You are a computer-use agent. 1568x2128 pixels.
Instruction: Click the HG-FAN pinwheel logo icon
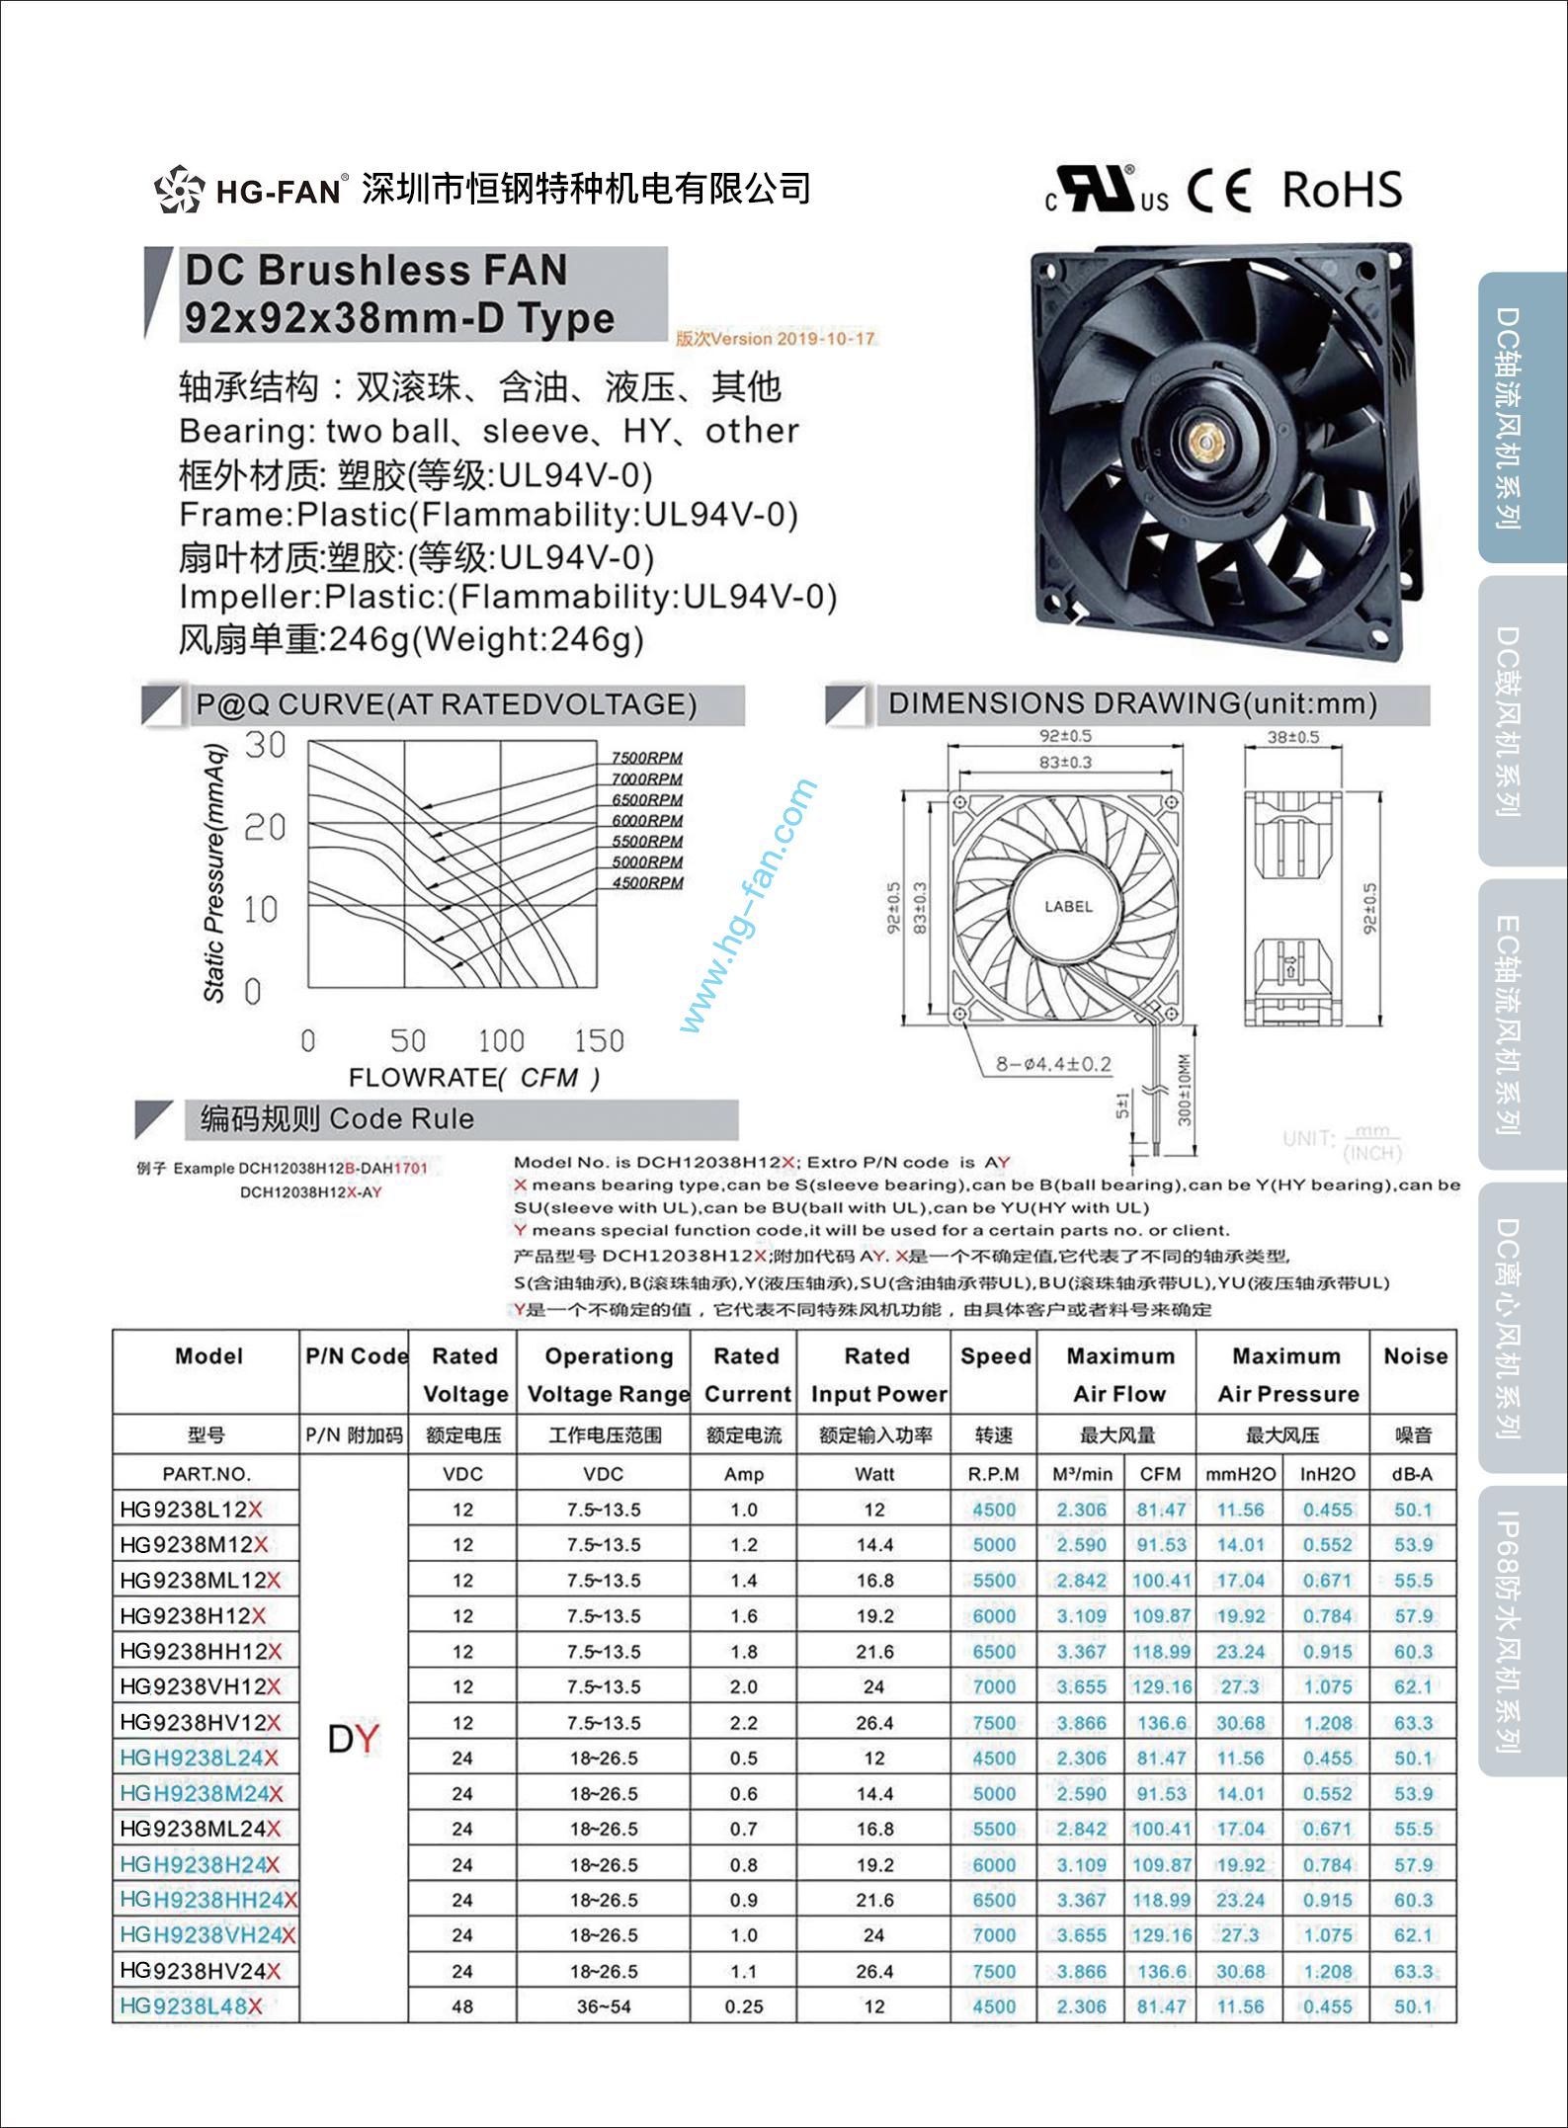(179, 189)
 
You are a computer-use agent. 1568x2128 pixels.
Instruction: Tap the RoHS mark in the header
(1342, 190)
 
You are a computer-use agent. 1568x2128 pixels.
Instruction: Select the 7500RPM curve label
(647, 758)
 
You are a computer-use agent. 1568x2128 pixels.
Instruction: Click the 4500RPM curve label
(647, 882)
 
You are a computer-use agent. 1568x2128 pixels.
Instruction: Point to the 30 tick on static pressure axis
(265, 745)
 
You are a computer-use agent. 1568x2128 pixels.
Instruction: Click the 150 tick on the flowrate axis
(599, 1040)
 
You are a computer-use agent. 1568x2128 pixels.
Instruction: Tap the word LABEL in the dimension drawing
(1068, 906)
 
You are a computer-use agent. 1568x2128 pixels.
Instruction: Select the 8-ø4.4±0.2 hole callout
(1053, 1064)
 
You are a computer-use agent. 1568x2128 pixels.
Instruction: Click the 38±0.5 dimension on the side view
(1293, 737)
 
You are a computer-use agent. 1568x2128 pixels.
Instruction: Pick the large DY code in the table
(353, 1738)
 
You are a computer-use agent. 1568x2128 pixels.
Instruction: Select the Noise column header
(1415, 1356)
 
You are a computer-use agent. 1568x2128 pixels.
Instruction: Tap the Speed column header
(995, 1356)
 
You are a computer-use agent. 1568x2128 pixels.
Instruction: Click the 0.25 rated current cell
(743, 2006)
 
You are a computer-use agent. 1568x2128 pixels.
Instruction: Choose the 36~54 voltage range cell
(603, 2006)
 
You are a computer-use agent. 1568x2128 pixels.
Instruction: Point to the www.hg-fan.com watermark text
(748, 906)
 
